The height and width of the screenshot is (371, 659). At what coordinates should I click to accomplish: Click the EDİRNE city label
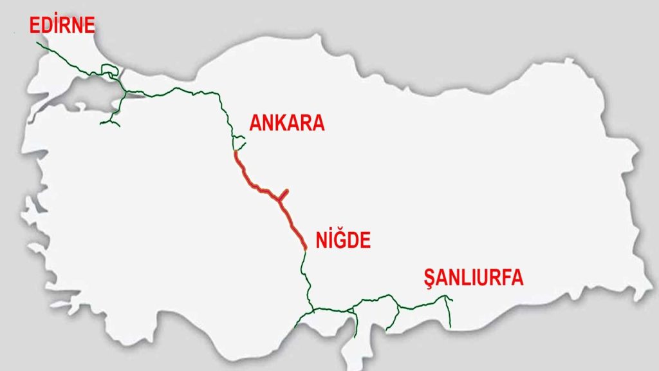pos(61,25)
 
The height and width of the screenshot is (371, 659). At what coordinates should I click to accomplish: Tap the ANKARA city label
pos(286,123)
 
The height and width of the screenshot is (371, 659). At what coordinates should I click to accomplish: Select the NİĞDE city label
pos(344,240)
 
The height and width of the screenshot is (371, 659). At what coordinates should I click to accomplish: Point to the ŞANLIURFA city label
pos(473,278)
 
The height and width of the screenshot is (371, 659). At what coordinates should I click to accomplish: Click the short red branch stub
pos(284,195)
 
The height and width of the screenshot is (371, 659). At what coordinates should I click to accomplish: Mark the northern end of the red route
pos(236,153)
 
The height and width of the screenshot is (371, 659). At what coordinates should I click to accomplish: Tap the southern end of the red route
pos(304,247)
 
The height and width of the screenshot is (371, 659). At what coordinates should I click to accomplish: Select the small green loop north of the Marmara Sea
pos(115,75)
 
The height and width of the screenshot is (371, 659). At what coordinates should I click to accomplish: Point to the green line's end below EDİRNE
pos(38,43)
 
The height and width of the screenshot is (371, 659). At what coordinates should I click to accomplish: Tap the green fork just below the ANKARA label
pos(239,140)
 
